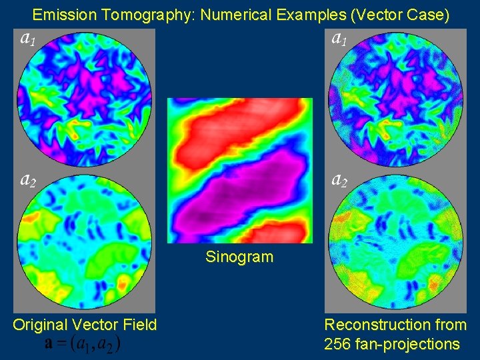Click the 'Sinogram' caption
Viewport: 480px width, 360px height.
point(239,257)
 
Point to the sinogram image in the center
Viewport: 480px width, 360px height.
point(239,171)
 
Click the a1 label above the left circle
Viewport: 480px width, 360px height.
point(28,39)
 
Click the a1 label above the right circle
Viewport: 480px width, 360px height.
point(339,39)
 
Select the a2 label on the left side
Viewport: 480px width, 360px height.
point(28,179)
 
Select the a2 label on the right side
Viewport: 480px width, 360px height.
point(339,179)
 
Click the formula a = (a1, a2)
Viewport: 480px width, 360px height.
point(83,344)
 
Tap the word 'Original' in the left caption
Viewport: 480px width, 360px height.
point(40,325)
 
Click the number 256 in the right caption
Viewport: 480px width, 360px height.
point(337,344)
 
